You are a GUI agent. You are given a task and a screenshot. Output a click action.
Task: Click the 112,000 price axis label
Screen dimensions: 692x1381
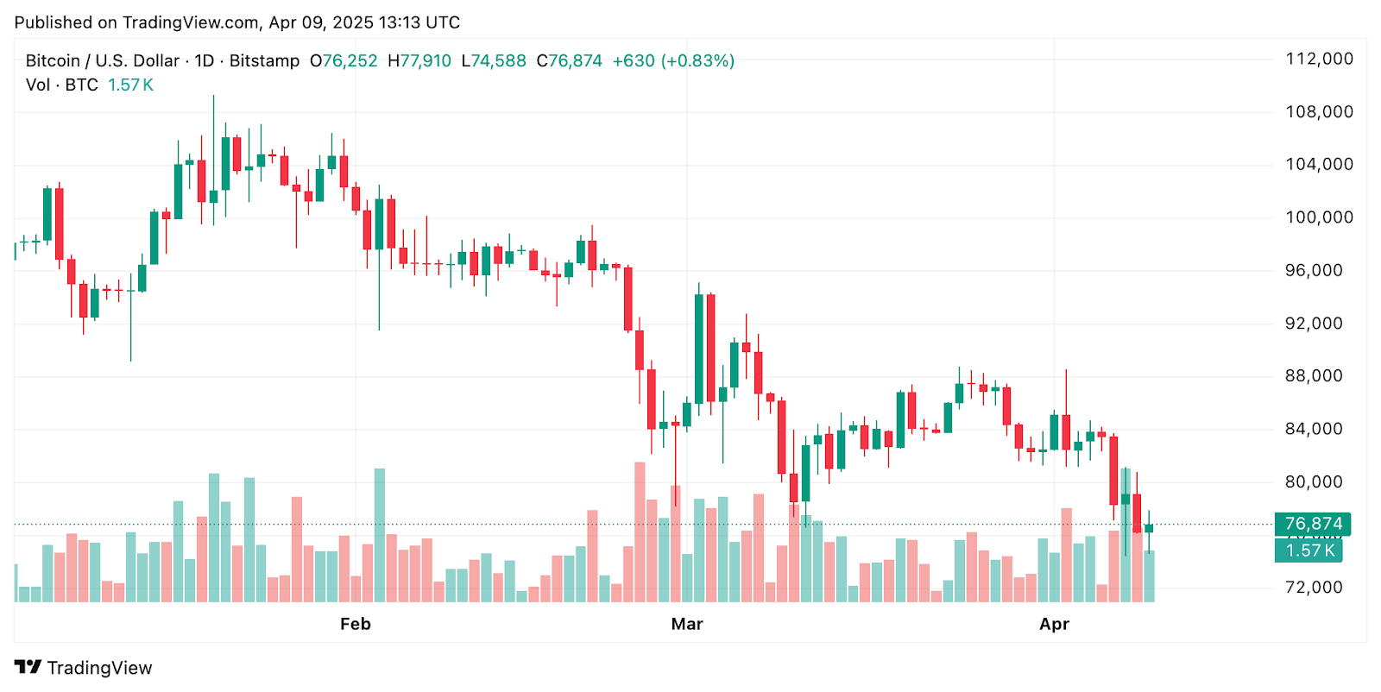(x=1319, y=59)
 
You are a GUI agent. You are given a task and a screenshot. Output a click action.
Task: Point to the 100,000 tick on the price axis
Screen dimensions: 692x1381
(x=1319, y=217)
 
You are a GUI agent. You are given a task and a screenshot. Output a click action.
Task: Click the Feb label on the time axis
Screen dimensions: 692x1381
(x=355, y=624)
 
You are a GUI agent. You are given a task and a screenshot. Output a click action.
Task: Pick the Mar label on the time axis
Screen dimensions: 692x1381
(x=687, y=624)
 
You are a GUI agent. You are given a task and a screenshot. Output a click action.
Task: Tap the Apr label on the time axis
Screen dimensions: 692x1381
(x=1054, y=624)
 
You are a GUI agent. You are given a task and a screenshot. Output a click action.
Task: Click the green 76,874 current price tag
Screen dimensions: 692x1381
(x=1313, y=524)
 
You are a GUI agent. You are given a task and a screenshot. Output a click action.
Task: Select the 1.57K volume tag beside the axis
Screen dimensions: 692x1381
(x=1309, y=550)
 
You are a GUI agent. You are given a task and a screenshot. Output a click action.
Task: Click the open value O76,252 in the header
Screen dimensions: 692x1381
(x=344, y=61)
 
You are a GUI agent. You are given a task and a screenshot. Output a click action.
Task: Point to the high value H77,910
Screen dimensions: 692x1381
(x=419, y=61)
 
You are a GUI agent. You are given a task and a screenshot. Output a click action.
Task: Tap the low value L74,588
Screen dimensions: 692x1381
(x=494, y=61)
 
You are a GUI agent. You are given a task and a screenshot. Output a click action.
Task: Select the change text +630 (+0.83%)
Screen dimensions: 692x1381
(x=673, y=61)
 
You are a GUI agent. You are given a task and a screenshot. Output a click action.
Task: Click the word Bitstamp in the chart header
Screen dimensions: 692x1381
(x=264, y=61)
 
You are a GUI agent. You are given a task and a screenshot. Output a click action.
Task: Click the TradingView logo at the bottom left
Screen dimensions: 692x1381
(x=84, y=668)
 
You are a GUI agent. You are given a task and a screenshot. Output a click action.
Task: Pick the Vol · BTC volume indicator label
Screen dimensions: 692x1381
(x=62, y=85)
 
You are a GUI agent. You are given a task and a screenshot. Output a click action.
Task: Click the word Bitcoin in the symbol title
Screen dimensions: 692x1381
(x=53, y=61)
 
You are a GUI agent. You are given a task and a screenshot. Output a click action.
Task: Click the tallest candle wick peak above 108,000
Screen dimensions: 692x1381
(x=214, y=97)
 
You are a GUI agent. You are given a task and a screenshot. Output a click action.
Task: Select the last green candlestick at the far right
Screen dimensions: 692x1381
(x=1149, y=528)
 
